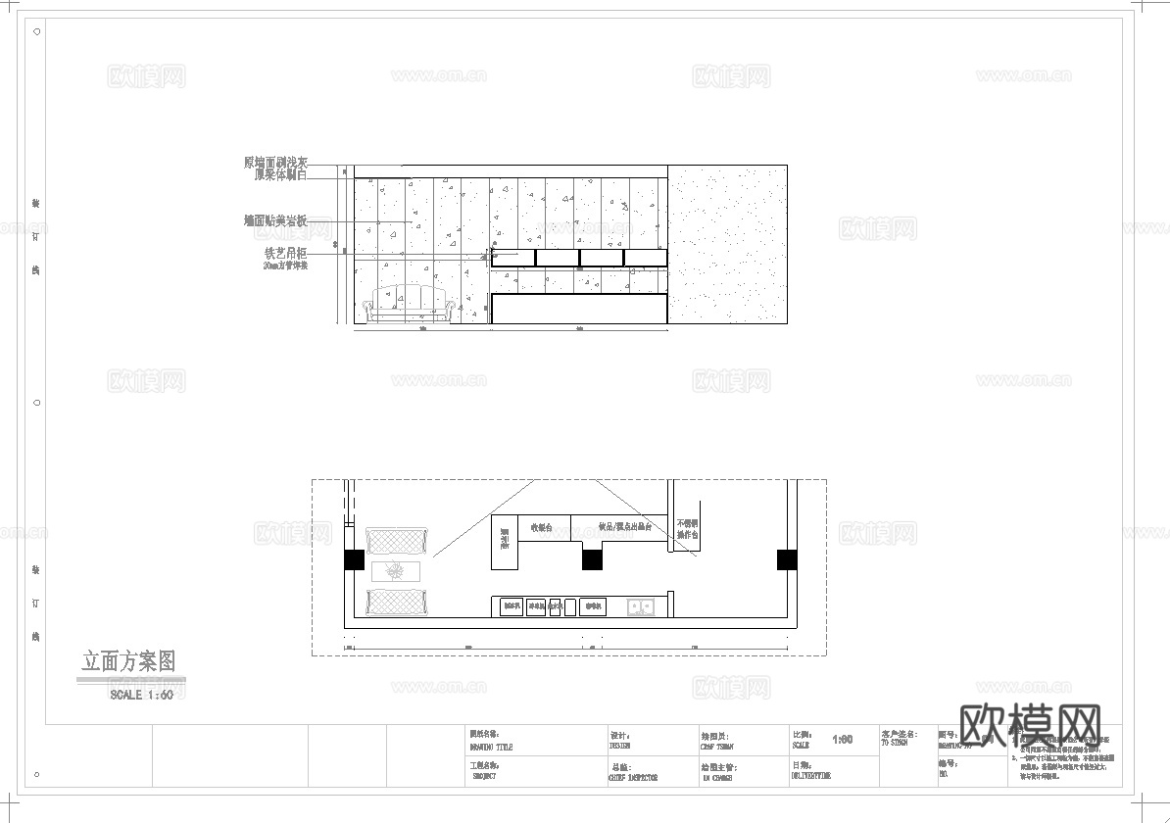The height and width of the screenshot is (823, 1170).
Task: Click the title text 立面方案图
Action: point(128,661)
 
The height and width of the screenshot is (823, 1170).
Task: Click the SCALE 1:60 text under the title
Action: point(141,695)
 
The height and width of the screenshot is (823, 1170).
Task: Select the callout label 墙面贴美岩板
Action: point(275,221)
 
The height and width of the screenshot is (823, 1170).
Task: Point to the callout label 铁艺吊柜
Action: point(285,253)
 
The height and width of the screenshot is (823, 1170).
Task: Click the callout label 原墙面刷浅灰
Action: point(275,162)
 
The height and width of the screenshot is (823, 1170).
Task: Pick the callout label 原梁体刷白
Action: point(280,174)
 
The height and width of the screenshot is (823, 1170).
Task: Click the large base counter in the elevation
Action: point(579,309)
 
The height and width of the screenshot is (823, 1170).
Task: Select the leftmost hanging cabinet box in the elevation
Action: point(513,258)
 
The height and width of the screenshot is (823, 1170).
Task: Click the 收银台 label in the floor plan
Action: point(542,528)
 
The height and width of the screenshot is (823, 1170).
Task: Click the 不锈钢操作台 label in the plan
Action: point(687,530)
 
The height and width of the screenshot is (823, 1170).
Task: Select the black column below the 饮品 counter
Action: point(591,559)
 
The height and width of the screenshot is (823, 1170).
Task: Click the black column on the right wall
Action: point(787,559)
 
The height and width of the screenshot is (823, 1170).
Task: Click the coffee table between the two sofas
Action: point(397,570)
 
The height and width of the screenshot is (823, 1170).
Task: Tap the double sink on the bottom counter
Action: point(641,607)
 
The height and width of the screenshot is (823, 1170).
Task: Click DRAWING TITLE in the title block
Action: point(491,748)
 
